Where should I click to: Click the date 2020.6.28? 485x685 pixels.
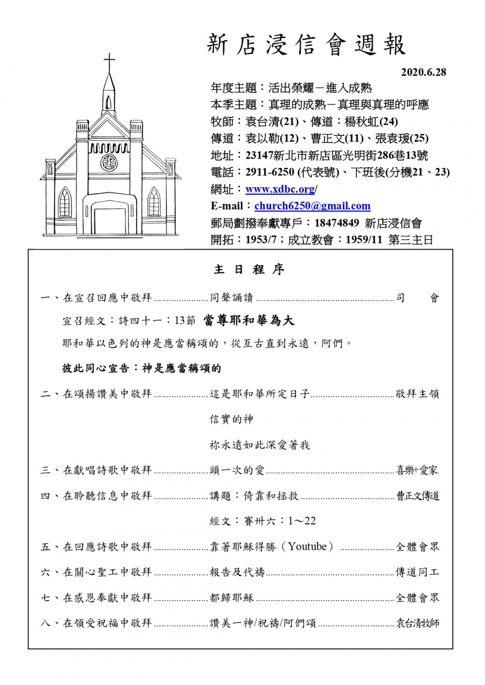tap(423, 72)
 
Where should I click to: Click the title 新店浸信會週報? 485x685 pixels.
tap(306, 45)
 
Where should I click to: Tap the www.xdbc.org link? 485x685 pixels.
tap(280, 189)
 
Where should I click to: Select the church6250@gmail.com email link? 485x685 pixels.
tap(312, 206)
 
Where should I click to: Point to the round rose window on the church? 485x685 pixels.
tap(109, 162)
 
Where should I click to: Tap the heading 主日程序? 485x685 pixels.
tap(249, 270)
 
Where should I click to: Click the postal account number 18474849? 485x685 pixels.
tap(337, 223)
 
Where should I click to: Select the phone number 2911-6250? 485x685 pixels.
tap(270, 172)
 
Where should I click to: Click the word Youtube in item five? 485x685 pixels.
tap(307, 547)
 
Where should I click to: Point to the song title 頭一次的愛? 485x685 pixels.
tap(237, 470)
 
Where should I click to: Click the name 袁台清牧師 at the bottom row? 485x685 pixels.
tap(418, 623)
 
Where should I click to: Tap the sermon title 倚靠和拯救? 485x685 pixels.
tap(271, 496)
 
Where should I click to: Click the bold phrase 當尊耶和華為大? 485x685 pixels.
tap(249, 320)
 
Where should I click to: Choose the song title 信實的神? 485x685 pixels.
tap(231, 419)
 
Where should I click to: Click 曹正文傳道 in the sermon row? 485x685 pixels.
tap(418, 496)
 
